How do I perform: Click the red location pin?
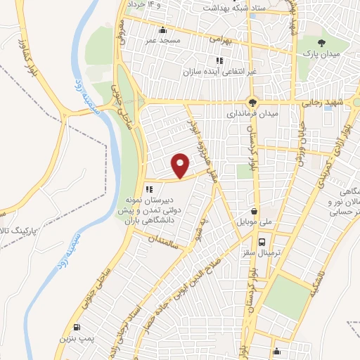tap(181, 165)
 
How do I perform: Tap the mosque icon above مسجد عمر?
tap(162, 30)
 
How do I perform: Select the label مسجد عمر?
tap(165, 41)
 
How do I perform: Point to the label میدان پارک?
tap(326, 54)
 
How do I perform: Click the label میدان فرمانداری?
tap(252, 112)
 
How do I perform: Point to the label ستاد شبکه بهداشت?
tap(224, 8)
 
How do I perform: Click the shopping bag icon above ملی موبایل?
tap(255, 210)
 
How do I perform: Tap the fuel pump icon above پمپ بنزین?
tap(76, 327)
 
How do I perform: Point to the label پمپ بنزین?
tap(77, 339)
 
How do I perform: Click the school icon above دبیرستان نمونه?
tap(148, 188)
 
